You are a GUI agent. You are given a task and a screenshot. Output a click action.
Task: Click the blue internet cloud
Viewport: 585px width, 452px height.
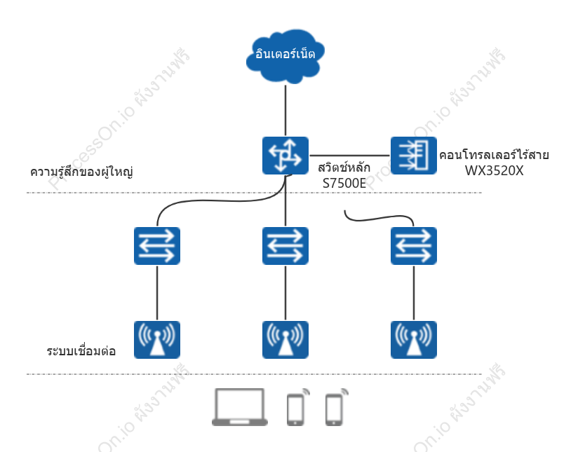click(285, 56)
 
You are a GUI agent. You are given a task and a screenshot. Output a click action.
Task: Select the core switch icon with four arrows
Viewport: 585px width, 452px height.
click(285, 156)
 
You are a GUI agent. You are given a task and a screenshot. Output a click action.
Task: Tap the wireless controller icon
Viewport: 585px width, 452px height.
click(414, 156)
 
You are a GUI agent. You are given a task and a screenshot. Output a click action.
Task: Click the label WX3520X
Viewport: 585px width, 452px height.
click(494, 171)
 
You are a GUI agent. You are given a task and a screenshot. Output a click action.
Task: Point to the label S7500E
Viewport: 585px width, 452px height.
click(344, 184)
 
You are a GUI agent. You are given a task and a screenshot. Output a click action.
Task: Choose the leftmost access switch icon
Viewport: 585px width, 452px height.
click(157, 246)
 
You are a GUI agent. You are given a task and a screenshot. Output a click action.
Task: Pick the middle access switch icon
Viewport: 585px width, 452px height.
click(285, 246)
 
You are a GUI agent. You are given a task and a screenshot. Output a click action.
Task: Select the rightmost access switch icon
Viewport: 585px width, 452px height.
click(414, 246)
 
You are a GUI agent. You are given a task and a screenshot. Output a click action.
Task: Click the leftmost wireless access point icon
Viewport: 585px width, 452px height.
click(157, 340)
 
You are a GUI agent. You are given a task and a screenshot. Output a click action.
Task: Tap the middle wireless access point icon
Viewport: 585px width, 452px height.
click(285, 340)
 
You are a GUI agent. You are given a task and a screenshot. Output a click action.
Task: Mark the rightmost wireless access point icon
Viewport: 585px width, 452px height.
click(414, 340)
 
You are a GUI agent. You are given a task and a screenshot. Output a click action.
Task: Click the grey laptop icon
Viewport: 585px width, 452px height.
click(240, 407)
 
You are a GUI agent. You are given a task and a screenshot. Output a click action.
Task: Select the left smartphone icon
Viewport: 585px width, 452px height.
click(297, 407)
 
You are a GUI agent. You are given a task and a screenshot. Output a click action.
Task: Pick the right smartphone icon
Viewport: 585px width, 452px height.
click(337, 407)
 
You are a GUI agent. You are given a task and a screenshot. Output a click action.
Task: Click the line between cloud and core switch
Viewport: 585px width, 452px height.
click(285, 110)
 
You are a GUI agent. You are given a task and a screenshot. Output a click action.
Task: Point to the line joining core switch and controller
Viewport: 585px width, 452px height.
click(349, 156)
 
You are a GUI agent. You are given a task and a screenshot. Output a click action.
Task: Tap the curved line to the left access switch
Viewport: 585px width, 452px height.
click(220, 201)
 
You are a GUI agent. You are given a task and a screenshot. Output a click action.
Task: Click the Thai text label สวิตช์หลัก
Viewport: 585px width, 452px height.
click(344, 167)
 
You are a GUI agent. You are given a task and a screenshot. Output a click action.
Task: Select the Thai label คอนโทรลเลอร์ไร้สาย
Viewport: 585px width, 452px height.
click(494, 154)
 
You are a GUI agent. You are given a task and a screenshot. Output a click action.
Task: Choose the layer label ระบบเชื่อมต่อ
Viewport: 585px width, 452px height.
click(81, 351)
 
